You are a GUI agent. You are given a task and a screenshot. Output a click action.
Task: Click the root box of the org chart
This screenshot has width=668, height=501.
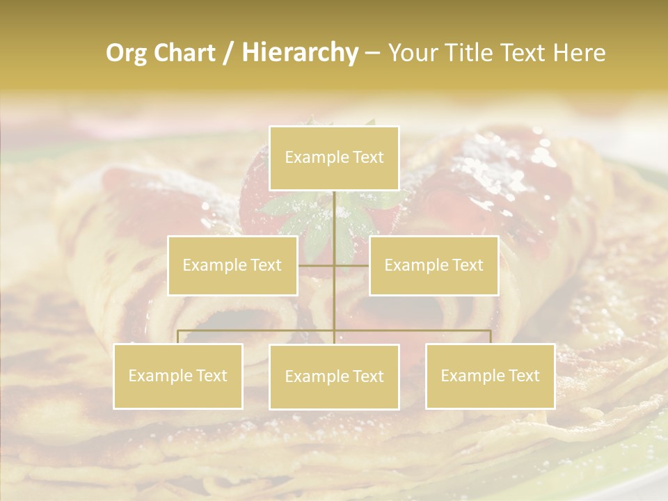[x=334, y=158]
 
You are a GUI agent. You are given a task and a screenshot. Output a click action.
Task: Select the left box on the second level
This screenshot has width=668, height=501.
[x=232, y=265]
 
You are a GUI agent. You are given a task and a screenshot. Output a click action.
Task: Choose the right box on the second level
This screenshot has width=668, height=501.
[x=434, y=265]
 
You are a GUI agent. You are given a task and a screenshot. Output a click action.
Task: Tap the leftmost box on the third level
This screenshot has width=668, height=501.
[x=178, y=376]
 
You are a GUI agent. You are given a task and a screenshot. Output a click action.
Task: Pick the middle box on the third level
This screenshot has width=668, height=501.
[x=334, y=376]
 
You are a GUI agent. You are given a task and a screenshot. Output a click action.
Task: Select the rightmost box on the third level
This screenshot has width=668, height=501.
[x=490, y=376]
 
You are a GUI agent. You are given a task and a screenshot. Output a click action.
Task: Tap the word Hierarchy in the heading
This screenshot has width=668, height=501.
[x=299, y=53]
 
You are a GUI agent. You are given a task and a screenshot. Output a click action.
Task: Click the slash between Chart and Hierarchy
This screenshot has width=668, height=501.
[x=228, y=54]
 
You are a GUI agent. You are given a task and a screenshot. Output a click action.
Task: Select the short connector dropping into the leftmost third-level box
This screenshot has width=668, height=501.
[x=178, y=337]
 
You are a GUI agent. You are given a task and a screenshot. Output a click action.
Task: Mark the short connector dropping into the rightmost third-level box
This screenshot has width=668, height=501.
[x=490, y=337]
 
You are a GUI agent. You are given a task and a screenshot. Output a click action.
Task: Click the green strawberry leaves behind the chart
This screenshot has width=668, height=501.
[x=292, y=209]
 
